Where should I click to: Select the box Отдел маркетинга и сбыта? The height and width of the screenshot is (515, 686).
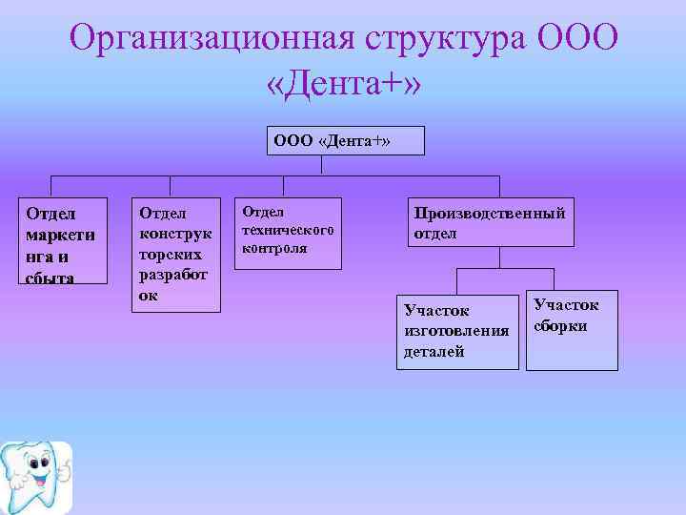click(x=64, y=243)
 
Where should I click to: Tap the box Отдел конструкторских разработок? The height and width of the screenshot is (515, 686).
click(x=176, y=255)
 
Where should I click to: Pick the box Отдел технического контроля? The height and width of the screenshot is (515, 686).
click(x=288, y=233)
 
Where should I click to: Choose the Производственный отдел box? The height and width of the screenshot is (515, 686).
click(x=491, y=222)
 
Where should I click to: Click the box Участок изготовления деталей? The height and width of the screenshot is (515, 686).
click(x=456, y=331)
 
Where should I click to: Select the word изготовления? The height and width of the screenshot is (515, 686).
click(x=456, y=331)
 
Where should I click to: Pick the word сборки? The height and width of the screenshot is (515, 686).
click(x=560, y=326)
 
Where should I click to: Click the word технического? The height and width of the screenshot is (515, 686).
click(x=287, y=230)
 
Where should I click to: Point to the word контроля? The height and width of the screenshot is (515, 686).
click(x=274, y=248)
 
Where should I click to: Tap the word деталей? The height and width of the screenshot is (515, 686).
click(x=434, y=352)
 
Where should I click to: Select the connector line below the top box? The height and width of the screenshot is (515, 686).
click(x=322, y=165)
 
